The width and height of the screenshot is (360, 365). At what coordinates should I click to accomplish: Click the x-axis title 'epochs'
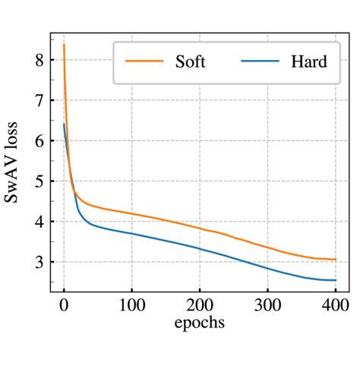(x=200, y=322)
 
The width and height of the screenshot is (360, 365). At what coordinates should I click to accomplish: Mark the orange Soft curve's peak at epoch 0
(x=64, y=45)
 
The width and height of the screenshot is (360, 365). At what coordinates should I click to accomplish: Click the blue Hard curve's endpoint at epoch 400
(x=335, y=280)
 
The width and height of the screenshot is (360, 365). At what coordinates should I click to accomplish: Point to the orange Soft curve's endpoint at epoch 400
(x=335, y=260)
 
